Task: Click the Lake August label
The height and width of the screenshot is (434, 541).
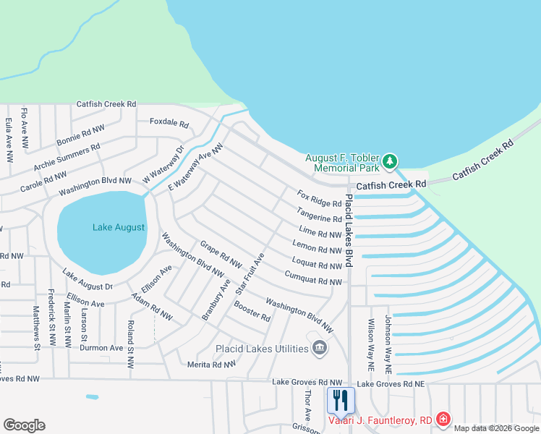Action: [119, 227]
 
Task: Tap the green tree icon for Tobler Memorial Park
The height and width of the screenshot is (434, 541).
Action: [390, 161]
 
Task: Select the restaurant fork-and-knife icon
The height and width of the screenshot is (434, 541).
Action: [339, 400]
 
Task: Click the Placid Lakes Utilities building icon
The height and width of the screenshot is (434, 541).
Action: [319, 349]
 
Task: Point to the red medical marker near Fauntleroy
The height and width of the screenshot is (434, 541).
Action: [443, 419]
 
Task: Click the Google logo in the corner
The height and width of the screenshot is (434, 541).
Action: [24, 425]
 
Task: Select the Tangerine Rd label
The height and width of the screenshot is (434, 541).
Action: [318, 215]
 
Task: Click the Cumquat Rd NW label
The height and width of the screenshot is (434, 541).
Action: [312, 276]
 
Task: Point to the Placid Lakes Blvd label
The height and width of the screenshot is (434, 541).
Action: [348, 230]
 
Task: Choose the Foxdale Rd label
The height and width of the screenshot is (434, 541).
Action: [169, 122]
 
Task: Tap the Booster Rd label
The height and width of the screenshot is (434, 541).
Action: [252, 312]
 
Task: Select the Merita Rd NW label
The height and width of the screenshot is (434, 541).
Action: [211, 365]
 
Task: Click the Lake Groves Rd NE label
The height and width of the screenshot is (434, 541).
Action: [391, 383]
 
